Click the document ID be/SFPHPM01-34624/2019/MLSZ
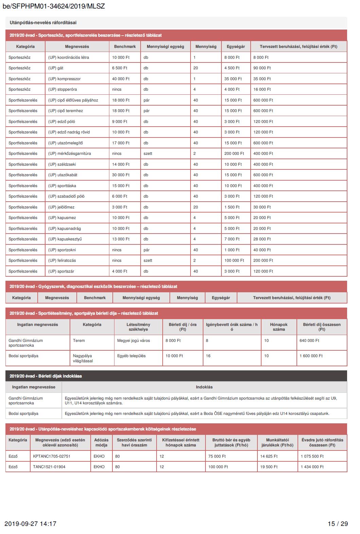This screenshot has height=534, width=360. [x=54, y=6]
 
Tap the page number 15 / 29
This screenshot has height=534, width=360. [x=338, y=523]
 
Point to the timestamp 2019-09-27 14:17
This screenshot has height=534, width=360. [x=31, y=523]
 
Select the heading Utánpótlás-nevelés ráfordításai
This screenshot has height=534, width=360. [x=43, y=23]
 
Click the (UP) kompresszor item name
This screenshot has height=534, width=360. [x=65, y=79]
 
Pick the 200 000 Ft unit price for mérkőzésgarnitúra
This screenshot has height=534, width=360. [x=234, y=153]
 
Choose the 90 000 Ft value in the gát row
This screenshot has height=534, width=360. [x=262, y=68]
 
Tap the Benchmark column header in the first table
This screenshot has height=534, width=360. [x=125, y=47]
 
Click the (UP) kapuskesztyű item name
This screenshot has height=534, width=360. [x=65, y=239]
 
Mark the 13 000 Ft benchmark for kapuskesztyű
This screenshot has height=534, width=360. [x=121, y=239]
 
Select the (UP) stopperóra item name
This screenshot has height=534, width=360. [x=62, y=89]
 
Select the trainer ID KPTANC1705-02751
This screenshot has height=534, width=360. [x=52, y=456]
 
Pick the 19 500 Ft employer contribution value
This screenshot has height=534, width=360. [x=269, y=467]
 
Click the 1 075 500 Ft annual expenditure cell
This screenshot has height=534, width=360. [x=312, y=456]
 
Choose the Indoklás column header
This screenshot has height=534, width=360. [x=204, y=387]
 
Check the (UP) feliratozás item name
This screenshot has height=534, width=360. [x=62, y=260]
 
